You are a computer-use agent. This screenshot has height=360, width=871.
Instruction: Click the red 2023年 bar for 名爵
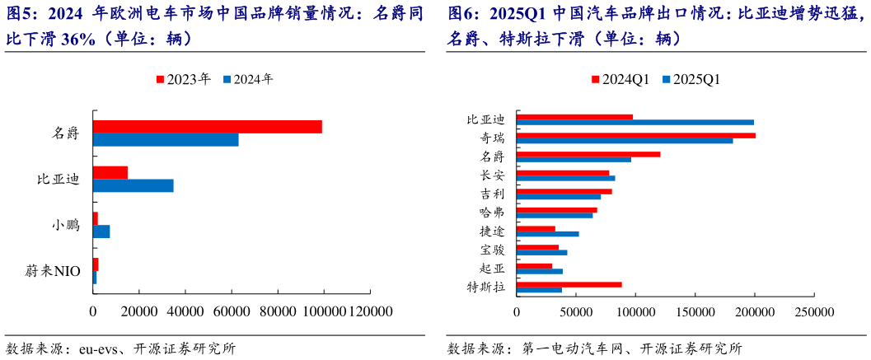(x=207, y=127)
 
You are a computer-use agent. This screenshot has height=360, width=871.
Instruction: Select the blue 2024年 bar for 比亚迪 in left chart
(x=133, y=185)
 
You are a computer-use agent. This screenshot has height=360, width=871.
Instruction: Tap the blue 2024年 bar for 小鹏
(x=101, y=231)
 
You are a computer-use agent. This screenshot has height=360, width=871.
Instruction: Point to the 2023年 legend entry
(x=183, y=79)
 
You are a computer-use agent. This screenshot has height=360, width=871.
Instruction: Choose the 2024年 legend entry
(x=248, y=79)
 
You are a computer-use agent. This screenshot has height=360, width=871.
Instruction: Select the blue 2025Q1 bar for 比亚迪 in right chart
(x=635, y=122)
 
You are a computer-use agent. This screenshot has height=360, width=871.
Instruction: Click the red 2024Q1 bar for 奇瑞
(x=636, y=135)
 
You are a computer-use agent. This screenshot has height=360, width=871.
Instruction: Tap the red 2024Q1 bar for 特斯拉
(x=569, y=284)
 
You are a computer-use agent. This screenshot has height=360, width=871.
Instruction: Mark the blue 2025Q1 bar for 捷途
(x=548, y=234)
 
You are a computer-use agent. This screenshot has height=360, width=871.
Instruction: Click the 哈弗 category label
(x=492, y=213)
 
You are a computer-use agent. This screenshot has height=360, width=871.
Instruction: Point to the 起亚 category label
(x=492, y=268)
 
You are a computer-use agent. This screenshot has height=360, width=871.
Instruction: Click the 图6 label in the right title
(x=462, y=14)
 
